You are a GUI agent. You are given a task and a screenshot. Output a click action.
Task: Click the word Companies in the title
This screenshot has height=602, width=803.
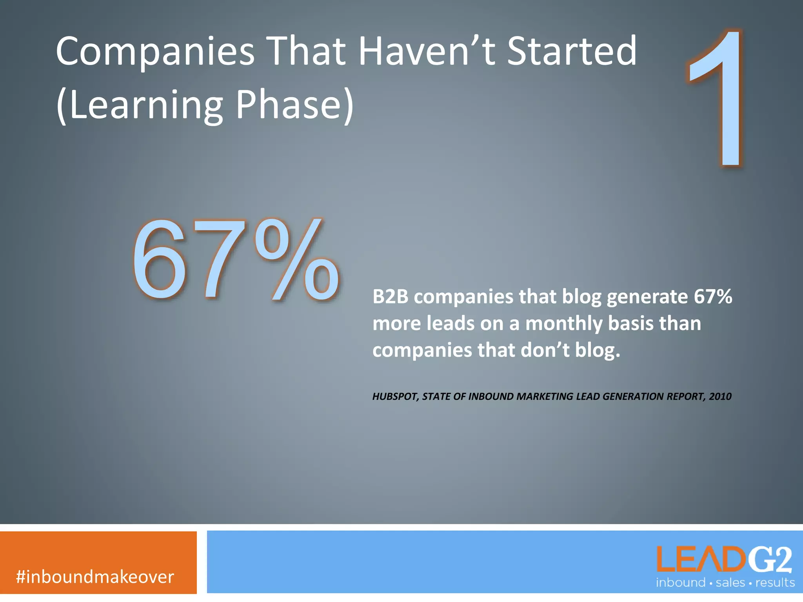(155, 52)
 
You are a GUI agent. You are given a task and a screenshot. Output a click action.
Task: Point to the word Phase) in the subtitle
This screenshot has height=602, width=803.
(294, 105)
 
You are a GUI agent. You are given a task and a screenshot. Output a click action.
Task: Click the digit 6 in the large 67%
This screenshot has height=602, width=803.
(159, 261)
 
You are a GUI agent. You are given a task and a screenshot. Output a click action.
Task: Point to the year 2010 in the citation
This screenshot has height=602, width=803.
(720, 397)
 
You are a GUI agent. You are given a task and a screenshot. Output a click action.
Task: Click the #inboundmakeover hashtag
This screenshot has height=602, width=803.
(95, 577)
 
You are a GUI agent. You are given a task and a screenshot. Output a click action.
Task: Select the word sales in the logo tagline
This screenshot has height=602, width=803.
(730, 583)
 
